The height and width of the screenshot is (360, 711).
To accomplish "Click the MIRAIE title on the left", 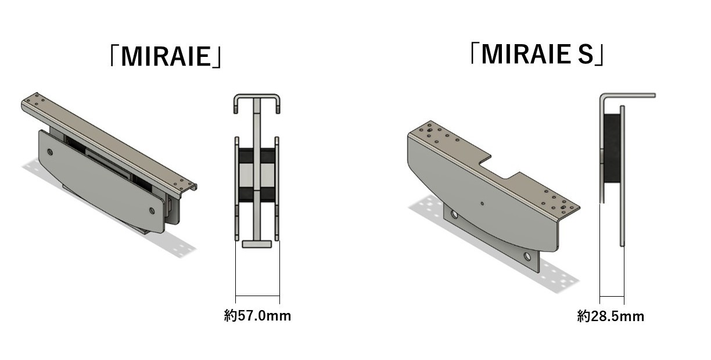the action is click(166, 56).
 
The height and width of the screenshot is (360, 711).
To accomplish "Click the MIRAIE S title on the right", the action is click(537, 55).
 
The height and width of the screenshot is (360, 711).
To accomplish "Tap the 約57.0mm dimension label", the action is click(257, 316).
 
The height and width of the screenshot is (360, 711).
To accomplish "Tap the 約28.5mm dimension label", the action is click(611, 316).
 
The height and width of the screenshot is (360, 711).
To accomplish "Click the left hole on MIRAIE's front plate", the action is click(50, 152).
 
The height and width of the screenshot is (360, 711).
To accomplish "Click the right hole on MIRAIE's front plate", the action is click(152, 211).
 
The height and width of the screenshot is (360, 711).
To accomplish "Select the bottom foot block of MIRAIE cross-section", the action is click(257, 244).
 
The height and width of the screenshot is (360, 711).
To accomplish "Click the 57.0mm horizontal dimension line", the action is click(257, 296).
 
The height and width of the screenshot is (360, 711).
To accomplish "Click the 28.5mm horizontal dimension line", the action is click(612, 297).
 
